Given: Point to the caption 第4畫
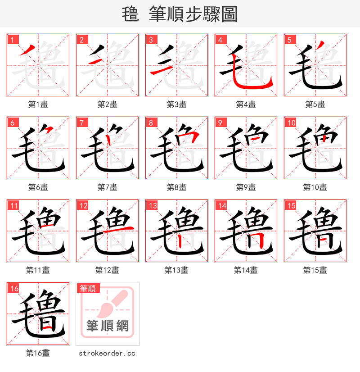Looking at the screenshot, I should (x=246, y=104).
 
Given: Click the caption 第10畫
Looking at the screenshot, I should (x=315, y=187).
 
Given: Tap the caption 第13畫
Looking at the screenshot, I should (x=176, y=270).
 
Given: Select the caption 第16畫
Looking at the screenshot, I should (x=38, y=353).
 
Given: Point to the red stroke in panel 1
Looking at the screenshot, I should (x=28, y=51).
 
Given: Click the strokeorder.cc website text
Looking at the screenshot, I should (x=107, y=354).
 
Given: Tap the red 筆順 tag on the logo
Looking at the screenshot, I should (x=88, y=289).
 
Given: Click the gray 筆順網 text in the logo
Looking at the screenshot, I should (x=108, y=325).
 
